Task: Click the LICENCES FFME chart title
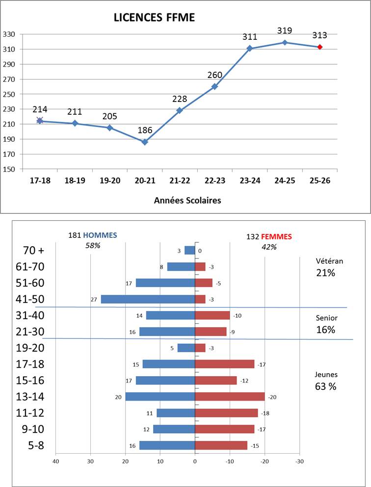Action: click(x=154, y=18)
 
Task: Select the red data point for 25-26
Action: click(x=319, y=47)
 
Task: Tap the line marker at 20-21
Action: click(x=145, y=142)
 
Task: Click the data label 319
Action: click(x=285, y=31)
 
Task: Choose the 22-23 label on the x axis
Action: click(x=215, y=180)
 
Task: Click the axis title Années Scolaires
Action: click(x=187, y=200)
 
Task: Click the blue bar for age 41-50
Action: click(x=148, y=299)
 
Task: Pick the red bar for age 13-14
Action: click(x=230, y=397)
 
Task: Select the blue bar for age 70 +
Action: click(x=189, y=251)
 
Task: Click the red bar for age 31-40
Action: click(x=212, y=315)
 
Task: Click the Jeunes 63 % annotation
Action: click(x=326, y=381)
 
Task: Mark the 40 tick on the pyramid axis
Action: click(x=55, y=461)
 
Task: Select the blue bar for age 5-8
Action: click(x=167, y=445)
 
